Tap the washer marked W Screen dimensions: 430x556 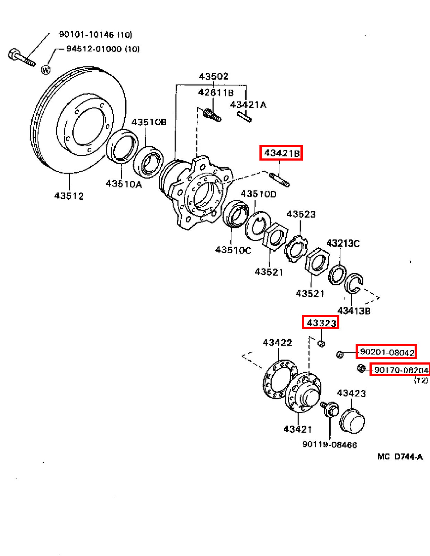(46, 70)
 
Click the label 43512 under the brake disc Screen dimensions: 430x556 (69, 196)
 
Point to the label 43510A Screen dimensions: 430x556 (124, 184)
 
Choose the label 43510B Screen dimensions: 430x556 (149, 122)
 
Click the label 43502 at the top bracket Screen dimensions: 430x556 (214, 76)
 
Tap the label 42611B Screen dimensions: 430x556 (216, 92)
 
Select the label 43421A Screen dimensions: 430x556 (248, 105)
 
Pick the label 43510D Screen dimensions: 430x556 (258, 194)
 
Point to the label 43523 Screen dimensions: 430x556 (301, 214)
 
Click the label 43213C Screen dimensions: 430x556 (343, 243)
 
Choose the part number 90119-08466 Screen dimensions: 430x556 (330, 445)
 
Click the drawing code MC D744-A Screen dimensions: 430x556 (400, 457)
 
